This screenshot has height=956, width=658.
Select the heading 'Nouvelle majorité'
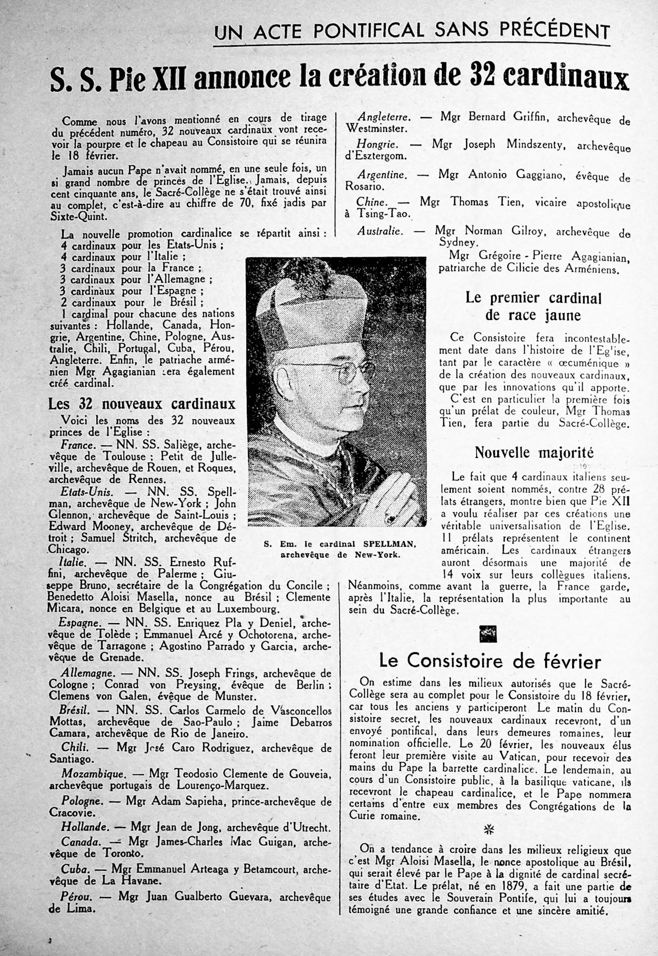tap(534, 453)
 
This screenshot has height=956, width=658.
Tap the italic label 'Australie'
tap(379, 231)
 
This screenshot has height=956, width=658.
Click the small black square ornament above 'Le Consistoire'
tap(488, 634)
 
